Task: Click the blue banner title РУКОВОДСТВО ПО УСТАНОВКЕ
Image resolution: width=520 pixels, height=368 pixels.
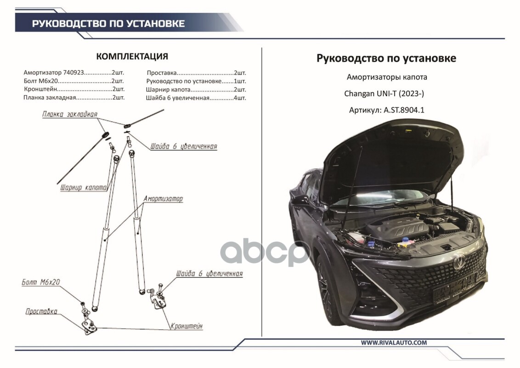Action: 108,23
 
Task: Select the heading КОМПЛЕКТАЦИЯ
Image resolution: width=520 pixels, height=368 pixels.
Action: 132,57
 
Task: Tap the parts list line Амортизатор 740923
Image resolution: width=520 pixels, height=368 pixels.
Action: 73,73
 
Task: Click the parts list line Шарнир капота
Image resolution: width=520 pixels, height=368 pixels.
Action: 196,90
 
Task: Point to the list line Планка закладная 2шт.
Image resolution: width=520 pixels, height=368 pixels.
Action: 73,98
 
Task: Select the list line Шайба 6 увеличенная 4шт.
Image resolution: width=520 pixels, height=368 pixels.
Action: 196,98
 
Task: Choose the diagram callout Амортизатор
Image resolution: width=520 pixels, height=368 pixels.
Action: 163,199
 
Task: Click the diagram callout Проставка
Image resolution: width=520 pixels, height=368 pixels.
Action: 41,311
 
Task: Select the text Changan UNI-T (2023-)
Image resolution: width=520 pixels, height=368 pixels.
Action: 384,94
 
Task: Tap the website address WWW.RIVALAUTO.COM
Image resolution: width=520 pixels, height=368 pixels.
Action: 394,343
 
